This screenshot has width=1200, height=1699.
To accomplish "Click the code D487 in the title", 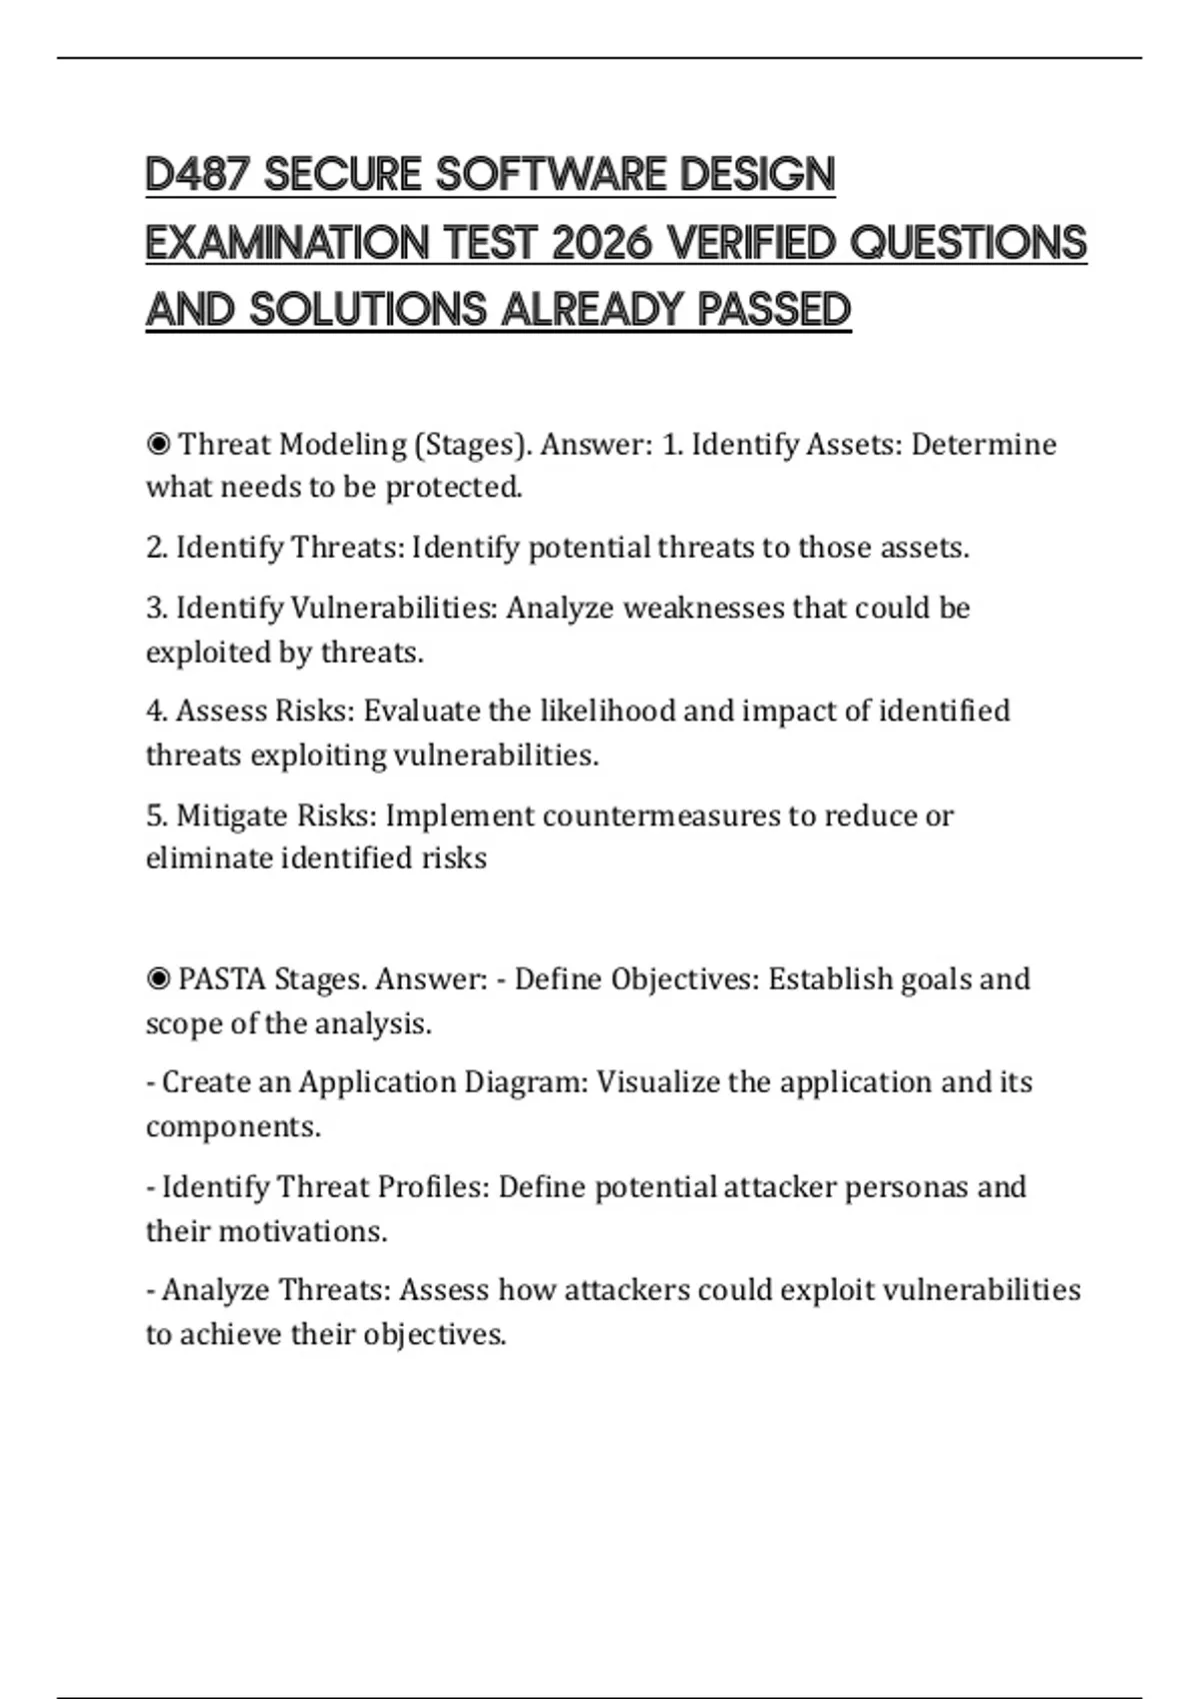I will [196, 175].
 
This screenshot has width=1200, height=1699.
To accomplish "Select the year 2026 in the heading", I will [600, 243].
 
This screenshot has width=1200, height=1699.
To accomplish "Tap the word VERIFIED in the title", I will [749, 243].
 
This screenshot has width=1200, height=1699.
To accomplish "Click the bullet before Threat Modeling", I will [157, 444].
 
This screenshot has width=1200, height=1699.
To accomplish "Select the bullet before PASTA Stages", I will [157, 978].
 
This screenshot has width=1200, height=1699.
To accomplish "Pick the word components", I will [233, 1127].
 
